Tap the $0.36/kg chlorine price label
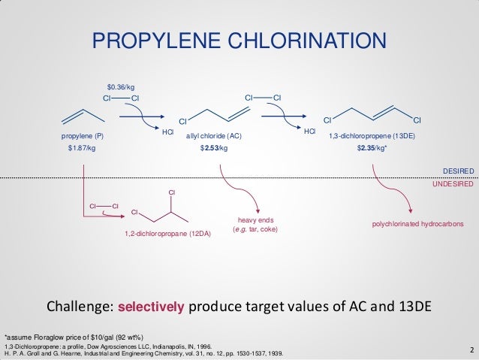point(119,86)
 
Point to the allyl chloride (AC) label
point(214,136)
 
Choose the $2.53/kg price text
point(213,149)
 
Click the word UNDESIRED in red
point(453,183)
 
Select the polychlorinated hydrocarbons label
point(417,224)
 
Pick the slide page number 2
point(470,350)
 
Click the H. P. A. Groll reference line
point(144,353)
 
